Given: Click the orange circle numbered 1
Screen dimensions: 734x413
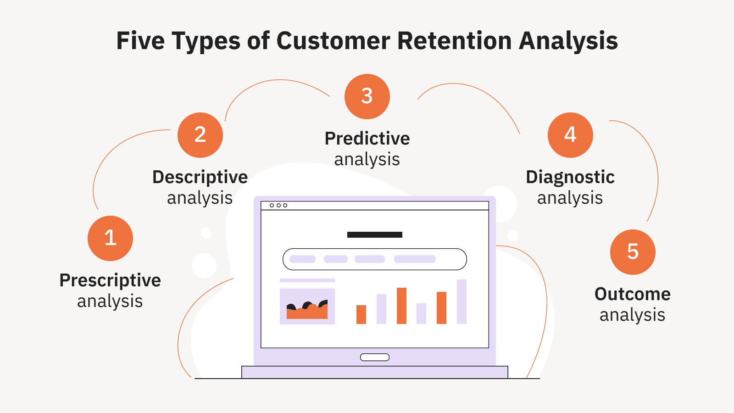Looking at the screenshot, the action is point(111,238).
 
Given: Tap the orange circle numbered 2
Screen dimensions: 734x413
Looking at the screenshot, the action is point(200,135).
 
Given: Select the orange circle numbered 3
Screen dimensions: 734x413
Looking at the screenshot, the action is point(367,97).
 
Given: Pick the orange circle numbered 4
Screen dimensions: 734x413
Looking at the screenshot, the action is point(570,135).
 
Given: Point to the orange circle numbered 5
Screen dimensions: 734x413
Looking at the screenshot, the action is point(633,252).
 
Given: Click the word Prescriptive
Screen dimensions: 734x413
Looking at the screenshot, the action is point(110,281).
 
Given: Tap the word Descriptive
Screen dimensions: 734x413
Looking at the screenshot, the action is point(200,178).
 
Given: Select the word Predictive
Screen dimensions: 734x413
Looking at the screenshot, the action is point(367,139).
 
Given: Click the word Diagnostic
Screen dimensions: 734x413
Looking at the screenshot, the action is point(570,178).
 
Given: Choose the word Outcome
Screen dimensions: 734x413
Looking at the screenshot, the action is point(633,294).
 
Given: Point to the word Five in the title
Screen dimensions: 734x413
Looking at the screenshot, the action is point(140,41).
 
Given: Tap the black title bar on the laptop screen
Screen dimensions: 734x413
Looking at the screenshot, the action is point(374,234).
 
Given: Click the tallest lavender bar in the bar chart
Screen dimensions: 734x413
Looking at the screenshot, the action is point(462,301).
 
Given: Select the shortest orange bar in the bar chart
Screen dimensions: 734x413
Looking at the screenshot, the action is point(361,315).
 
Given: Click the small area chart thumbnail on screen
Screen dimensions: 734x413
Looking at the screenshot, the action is point(307,307).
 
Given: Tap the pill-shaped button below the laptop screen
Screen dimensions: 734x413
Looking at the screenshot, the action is point(374,357).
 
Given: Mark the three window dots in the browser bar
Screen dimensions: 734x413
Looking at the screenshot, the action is point(278,206).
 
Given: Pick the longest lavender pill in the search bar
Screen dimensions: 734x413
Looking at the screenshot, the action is point(415,259).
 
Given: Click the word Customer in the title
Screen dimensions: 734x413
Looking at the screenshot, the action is point(333,41).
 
